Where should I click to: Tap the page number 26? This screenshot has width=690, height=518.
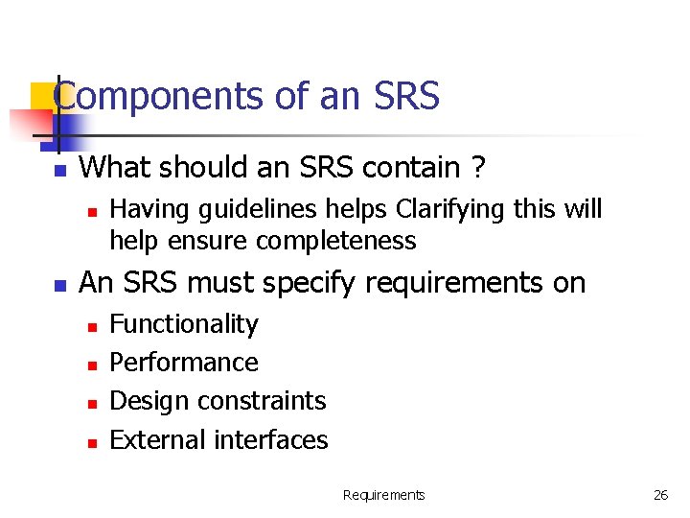[x=660, y=495]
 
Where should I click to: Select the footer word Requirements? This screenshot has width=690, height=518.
[x=383, y=495]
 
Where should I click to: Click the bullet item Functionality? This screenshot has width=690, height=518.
[x=184, y=324]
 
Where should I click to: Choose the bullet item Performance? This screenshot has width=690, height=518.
[x=184, y=363]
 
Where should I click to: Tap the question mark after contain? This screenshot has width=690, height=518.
[x=476, y=168]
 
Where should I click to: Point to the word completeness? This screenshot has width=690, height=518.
[x=339, y=240]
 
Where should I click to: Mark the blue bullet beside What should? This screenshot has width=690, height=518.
[x=59, y=171]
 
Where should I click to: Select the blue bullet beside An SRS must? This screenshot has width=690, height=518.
[x=59, y=286]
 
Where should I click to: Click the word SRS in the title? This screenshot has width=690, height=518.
[x=404, y=96]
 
